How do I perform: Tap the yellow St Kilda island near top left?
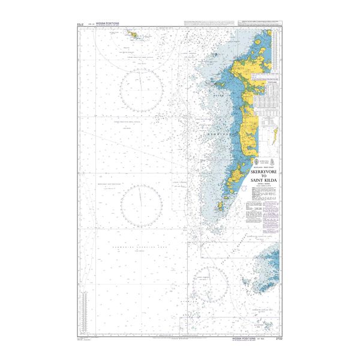pyautogui.click(x=132, y=35)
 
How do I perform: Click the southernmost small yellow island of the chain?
pyautogui.click(x=220, y=207)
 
